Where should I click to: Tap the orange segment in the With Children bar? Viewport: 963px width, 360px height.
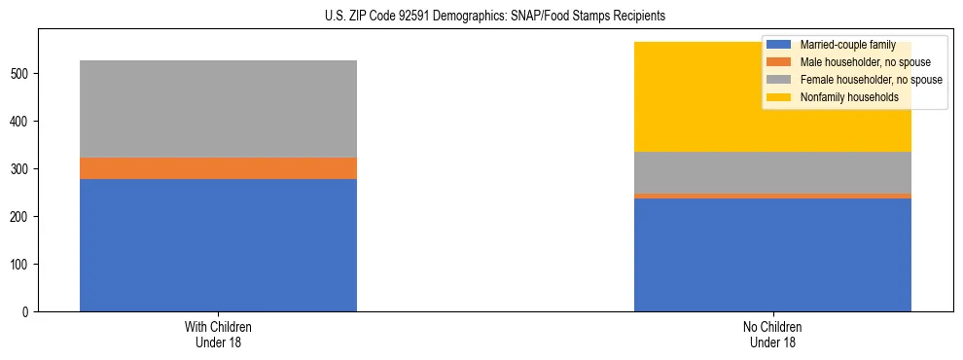pos(218,168)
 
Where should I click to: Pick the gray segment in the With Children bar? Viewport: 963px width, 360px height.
pos(218,109)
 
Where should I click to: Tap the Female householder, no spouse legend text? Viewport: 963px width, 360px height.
pos(871,80)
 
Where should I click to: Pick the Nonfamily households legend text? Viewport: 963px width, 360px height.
pos(849,97)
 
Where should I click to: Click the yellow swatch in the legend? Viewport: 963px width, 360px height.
pos(779,97)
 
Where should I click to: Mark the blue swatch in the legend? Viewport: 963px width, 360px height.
pos(779,46)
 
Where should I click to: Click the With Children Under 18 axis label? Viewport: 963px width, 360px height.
pos(218,335)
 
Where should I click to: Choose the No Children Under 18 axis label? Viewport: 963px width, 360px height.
pos(772,335)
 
